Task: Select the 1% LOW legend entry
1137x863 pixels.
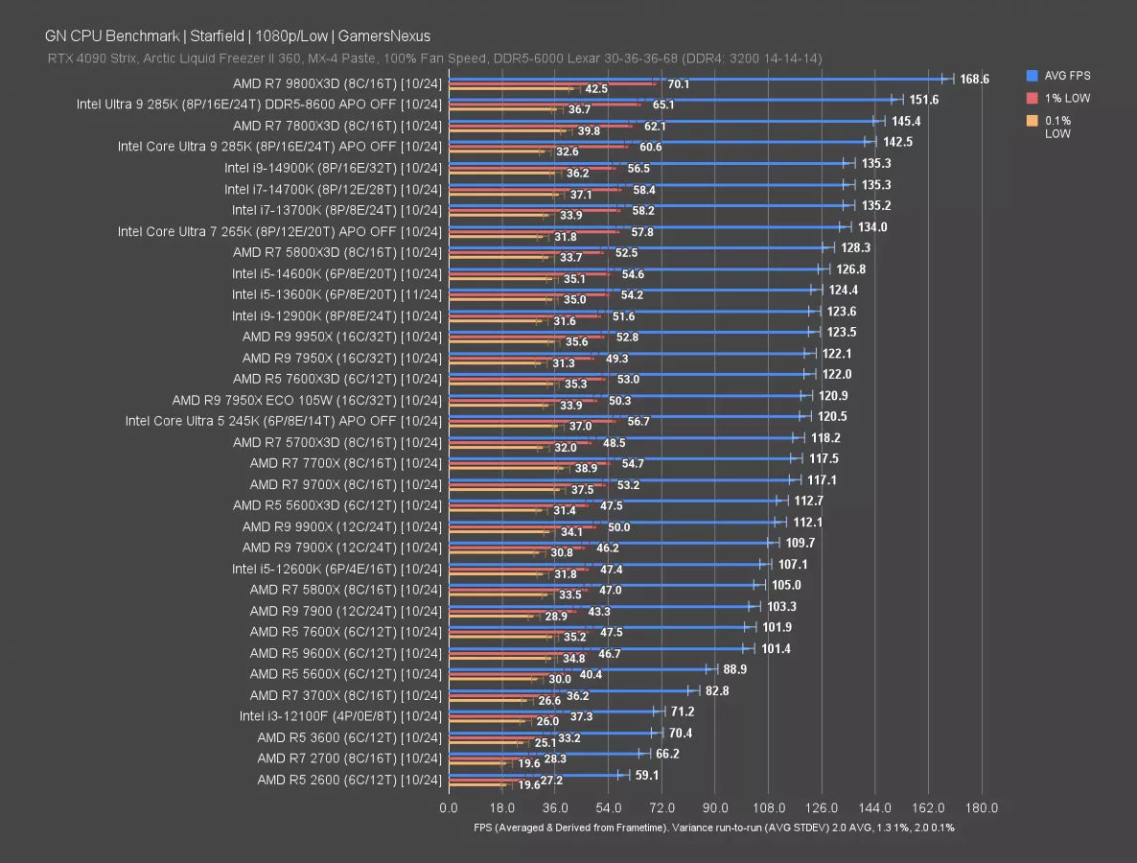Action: [x=1062, y=98]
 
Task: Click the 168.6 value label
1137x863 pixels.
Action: [x=974, y=80]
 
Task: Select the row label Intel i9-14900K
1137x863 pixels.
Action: [x=333, y=168]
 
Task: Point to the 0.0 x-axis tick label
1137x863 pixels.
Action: [x=449, y=807]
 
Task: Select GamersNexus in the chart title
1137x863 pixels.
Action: [x=383, y=36]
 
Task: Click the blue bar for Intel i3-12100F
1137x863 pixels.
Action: [x=551, y=711]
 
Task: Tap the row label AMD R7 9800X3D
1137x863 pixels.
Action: [x=336, y=83]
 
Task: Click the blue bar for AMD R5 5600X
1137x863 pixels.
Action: [x=579, y=669]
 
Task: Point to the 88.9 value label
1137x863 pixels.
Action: [x=735, y=669]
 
